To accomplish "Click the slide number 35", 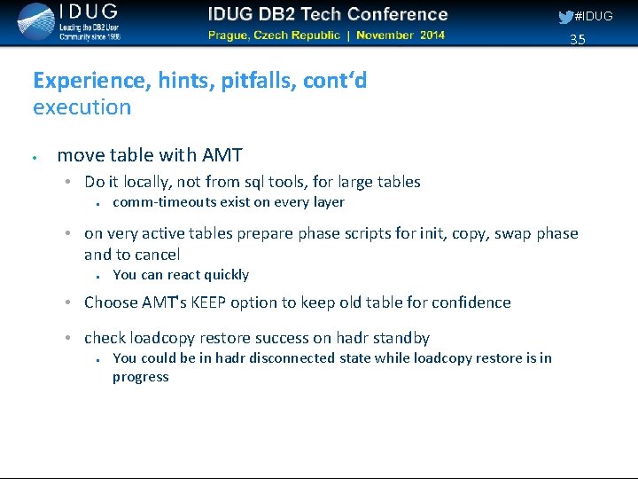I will [x=578, y=39].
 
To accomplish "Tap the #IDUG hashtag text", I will [x=594, y=16].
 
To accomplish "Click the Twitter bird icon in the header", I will [x=565, y=16].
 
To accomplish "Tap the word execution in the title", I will [x=82, y=107].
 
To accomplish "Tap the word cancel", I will [x=159, y=255].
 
